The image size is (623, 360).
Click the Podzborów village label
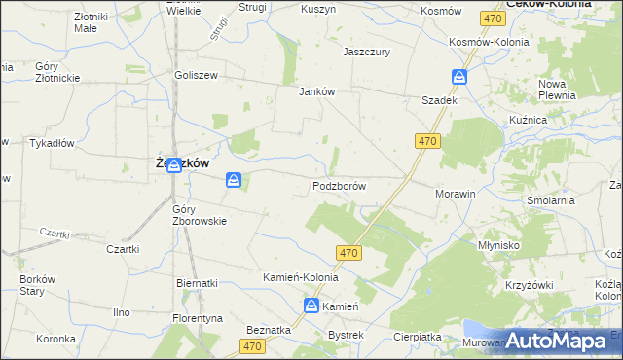click(x=339, y=186)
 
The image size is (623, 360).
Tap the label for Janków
click(x=316, y=92)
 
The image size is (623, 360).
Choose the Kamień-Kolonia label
click(x=300, y=277)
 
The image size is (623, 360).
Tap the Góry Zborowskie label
click(x=199, y=214)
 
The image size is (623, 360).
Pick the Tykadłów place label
click(x=53, y=143)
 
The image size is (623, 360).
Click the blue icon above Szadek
click(x=459, y=77)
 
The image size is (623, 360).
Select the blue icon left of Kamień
click(x=311, y=306)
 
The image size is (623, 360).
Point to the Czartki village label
click(x=123, y=249)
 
